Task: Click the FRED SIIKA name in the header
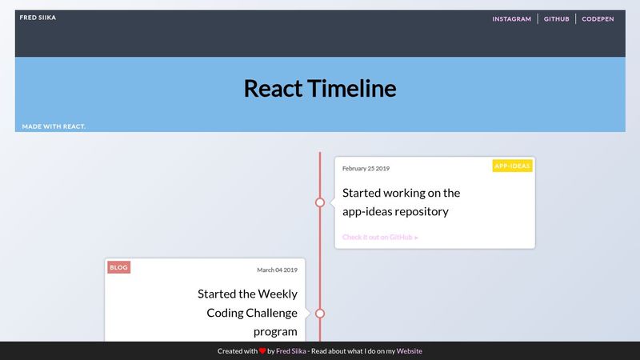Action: (x=38, y=17)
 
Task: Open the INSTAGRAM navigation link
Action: (x=511, y=19)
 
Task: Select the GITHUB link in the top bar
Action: (x=556, y=19)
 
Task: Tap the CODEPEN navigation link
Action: (x=598, y=19)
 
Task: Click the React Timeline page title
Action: (x=319, y=88)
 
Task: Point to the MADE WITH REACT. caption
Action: (x=54, y=126)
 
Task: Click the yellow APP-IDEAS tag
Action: (x=512, y=166)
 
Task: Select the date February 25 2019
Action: (x=366, y=169)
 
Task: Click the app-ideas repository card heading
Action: (x=401, y=202)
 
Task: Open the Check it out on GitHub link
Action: (x=380, y=237)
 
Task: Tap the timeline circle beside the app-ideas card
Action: (x=320, y=202)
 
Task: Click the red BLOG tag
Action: (x=118, y=267)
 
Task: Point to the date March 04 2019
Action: (x=277, y=270)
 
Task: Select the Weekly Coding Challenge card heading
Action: (x=247, y=312)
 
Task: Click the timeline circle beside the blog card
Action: (x=320, y=313)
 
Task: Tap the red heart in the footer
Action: (x=262, y=351)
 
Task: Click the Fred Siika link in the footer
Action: (x=291, y=351)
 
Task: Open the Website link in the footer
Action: (x=410, y=351)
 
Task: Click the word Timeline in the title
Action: (x=354, y=88)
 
